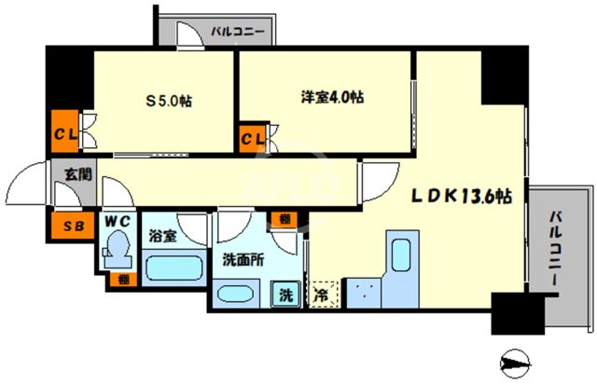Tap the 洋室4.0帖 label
[333, 96]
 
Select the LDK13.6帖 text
[463, 197]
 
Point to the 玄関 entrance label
[77, 173]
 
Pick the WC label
[117, 222]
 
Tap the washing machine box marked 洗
[285, 296]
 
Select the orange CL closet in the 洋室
[253, 139]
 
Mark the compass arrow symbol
[513, 359]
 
